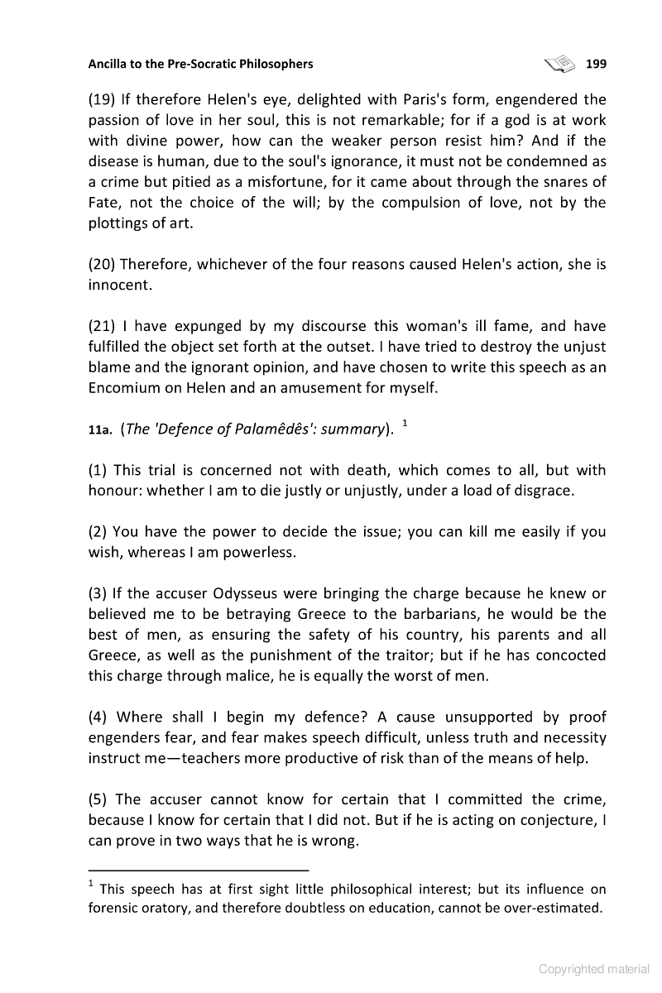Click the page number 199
[x=596, y=63]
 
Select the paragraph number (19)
[x=103, y=100]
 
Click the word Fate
[x=104, y=203]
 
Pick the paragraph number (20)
[x=103, y=265]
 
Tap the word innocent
[x=120, y=285]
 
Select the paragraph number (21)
[x=103, y=326]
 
